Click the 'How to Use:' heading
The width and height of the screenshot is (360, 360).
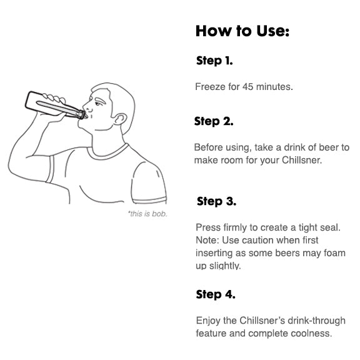[x=242, y=31]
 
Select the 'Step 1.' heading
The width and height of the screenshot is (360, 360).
[x=214, y=61]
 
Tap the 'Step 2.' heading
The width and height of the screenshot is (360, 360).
[x=214, y=121]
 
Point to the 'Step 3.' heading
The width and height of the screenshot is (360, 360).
[x=216, y=201]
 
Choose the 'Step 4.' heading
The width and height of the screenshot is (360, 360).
[x=216, y=294]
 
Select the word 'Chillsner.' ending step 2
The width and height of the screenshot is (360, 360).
[x=302, y=160]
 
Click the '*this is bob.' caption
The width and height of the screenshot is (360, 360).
[x=147, y=214]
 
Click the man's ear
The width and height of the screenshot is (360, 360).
[x=120, y=119]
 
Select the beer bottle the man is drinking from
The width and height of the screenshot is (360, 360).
[x=55, y=106]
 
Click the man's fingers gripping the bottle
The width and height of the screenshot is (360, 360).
[x=54, y=98]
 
